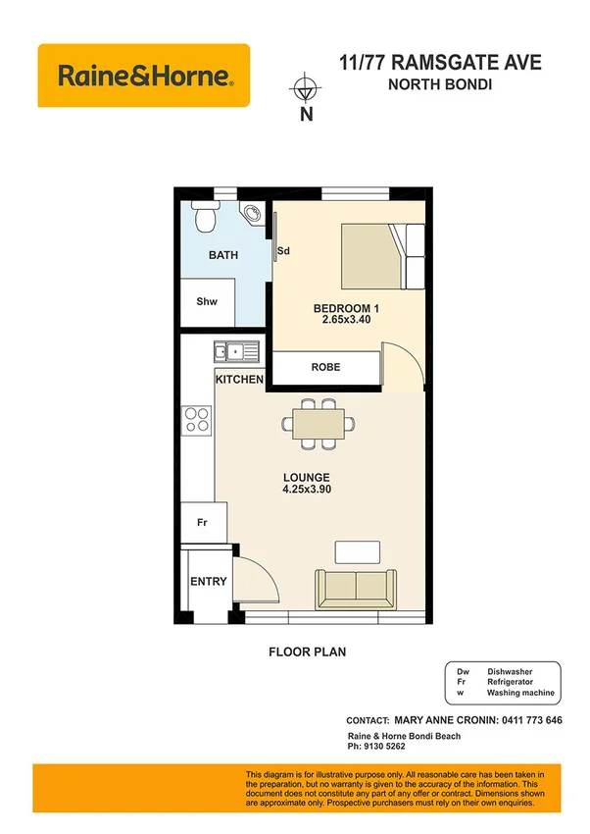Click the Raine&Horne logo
(143, 76)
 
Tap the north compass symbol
(306, 90)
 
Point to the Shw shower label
(206, 302)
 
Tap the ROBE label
(325, 367)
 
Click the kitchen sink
(236, 349)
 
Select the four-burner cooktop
(197, 419)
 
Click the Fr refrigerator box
(203, 522)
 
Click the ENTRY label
(208, 581)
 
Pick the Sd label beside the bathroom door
(283, 251)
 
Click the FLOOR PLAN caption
(307, 651)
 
